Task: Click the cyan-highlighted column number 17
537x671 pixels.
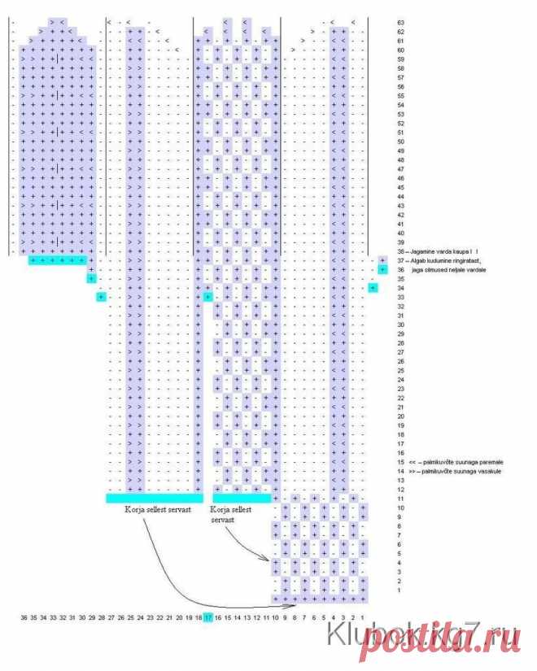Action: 208,618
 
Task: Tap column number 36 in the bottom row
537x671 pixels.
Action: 24,618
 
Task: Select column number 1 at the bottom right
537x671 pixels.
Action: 362,618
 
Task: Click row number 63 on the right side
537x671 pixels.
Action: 399,22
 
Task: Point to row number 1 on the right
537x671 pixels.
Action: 399,590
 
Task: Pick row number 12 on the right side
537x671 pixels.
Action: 399,489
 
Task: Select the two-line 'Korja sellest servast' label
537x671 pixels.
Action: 231,513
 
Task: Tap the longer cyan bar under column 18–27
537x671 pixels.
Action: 154,497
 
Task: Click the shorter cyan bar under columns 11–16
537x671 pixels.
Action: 242,497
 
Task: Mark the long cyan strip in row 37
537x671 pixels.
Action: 58,260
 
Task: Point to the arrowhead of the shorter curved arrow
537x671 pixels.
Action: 269,560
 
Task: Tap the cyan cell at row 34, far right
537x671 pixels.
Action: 373,288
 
